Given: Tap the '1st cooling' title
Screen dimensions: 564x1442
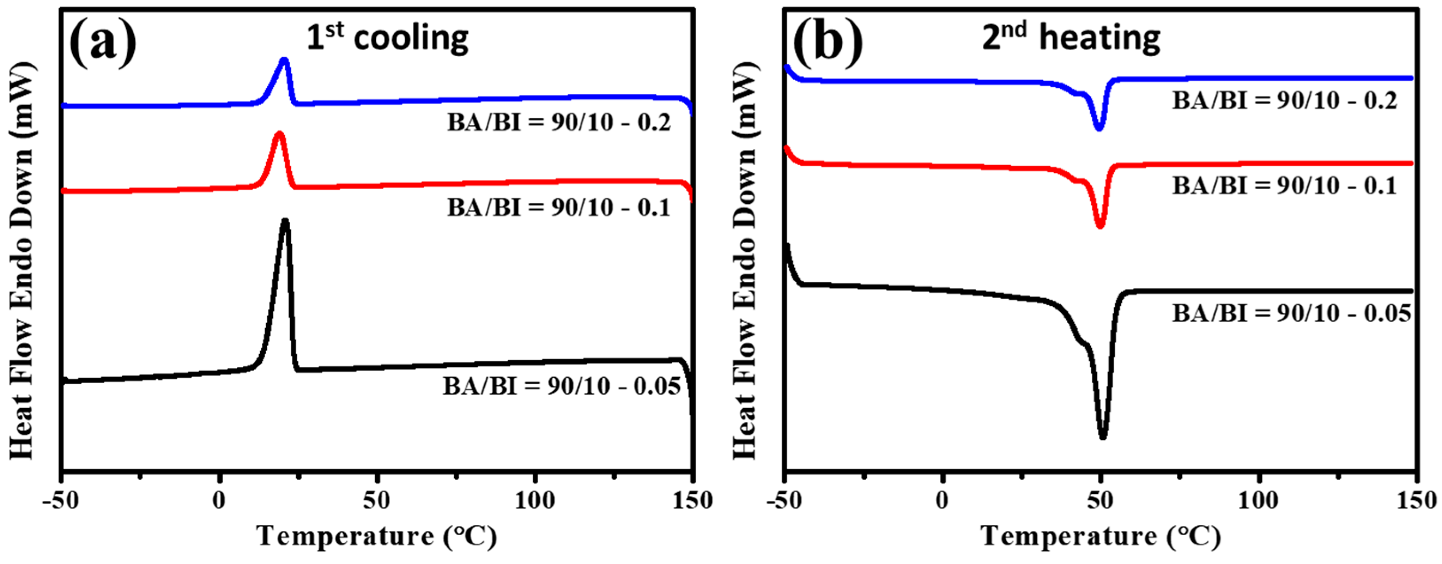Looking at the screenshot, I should (388, 38).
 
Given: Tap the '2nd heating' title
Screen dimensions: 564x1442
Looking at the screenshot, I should (1071, 38).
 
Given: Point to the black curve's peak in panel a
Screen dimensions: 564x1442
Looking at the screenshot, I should (286, 221).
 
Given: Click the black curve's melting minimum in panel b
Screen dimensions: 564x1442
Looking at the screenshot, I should (1103, 437).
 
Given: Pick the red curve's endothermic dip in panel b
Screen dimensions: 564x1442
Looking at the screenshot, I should (1100, 226).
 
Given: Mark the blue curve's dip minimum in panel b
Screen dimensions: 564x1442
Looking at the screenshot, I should (1099, 128).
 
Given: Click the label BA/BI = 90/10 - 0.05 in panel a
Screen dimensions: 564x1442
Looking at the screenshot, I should (562, 386).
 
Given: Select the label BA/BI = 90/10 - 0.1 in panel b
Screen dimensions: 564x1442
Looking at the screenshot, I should (1285, 186).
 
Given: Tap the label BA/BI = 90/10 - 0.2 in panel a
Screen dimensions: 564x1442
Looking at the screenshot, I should (558, 122).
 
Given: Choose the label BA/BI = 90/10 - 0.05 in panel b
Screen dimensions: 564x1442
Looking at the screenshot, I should (1292, 314).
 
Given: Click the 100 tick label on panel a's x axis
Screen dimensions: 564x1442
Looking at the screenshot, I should (535, 500).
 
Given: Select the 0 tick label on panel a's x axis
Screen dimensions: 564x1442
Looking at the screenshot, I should (219, 500).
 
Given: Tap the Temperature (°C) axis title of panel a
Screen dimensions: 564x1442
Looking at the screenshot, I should (377, 537).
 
